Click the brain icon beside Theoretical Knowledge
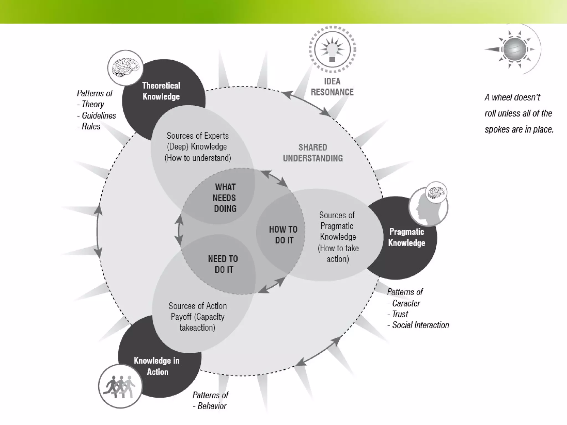(125, 68)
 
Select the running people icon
(120, 386)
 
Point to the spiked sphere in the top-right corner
(514, 49)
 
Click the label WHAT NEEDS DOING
(225, 198)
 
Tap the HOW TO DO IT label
(283, 235)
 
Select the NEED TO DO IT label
(223, 264)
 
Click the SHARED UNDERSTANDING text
(313, 152)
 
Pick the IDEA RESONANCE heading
(332, 87)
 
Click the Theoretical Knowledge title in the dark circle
(161, 91)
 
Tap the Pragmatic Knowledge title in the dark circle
(406, 237)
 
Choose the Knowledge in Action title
(157, 366)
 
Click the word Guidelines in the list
(99, 115)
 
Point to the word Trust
(400, 314)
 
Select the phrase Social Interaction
(421, 325)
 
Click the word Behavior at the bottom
(212, 406)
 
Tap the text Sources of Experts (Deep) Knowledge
(198, 141)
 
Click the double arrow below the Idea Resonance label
(306, 103)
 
